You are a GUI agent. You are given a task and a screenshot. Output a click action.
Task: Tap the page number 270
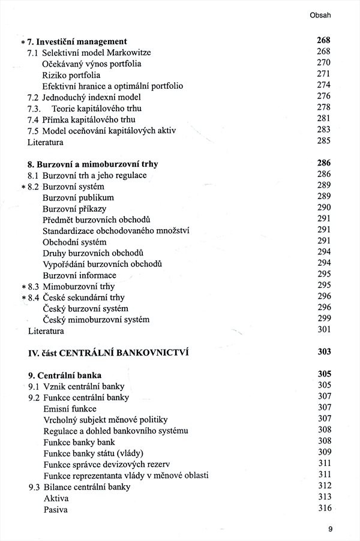coord(324,63)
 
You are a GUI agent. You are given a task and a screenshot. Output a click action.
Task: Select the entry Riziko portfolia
coord(71,75)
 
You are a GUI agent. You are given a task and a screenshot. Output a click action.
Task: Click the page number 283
coord(324,130)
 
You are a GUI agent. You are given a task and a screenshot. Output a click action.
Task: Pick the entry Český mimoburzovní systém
coord(96,319)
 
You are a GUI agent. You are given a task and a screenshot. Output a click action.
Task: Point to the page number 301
coord(324,330)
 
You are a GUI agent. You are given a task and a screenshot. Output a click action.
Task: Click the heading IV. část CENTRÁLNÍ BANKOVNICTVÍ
coord(108,353)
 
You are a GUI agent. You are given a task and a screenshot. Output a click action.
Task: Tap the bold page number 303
coord(324,352)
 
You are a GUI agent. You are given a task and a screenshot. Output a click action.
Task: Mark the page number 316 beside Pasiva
coord(324,509)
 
